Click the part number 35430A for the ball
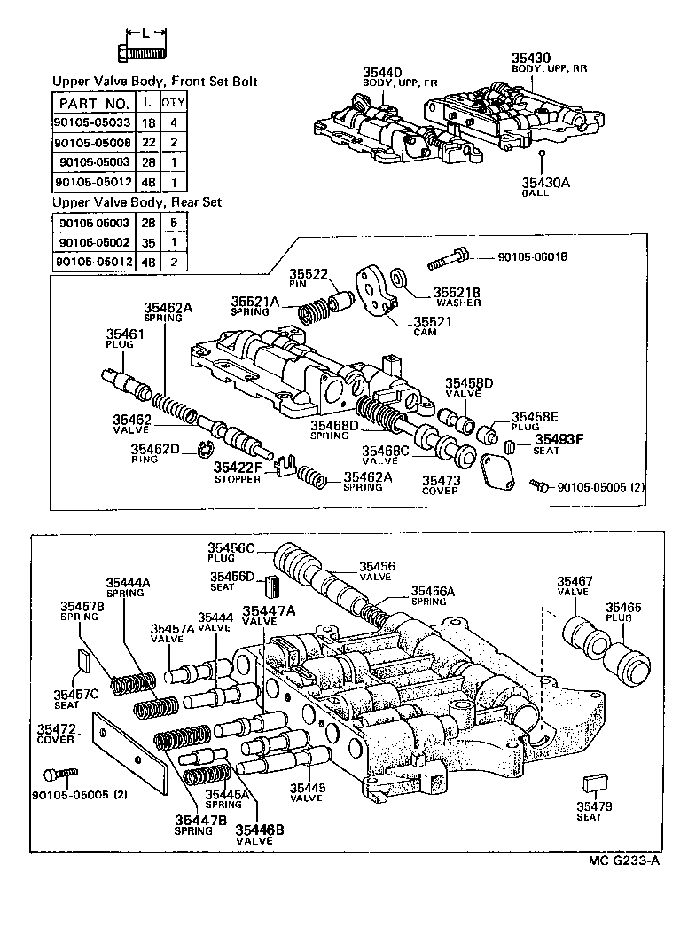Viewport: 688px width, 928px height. click(541, 182)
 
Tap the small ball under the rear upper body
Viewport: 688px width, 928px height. click(541, 154)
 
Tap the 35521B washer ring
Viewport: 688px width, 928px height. click(400, 280)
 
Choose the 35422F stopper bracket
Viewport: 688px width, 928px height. click(281, 465)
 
